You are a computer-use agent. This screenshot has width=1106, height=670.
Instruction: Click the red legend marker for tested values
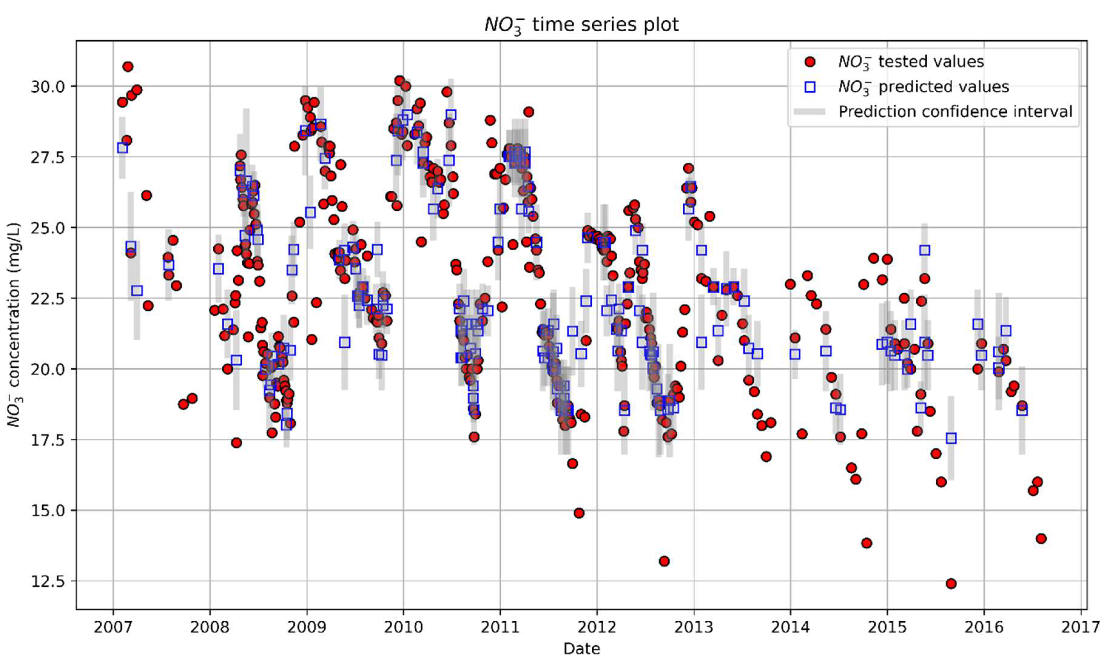(810, 62)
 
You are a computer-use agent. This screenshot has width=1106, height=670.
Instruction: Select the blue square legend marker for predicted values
(810, 86)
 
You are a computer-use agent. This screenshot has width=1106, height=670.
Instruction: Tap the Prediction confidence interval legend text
(955, 111)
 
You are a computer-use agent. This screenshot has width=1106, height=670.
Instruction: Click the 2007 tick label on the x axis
(113, 626)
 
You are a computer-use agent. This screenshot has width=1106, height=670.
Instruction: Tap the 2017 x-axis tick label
(1081, 626)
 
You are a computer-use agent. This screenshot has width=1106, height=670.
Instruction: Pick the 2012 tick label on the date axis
(597, 626)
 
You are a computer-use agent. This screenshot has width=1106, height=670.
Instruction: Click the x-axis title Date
(581, 648)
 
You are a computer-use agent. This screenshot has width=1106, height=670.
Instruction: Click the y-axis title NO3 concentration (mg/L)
(15, 324)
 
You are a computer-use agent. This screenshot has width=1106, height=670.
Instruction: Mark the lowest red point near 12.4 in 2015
(951, 584)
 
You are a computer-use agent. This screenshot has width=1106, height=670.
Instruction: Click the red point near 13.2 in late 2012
(664, 561)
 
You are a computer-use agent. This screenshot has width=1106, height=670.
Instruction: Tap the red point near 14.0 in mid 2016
(1041, 538)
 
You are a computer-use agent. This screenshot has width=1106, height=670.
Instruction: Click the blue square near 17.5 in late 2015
(951, 438)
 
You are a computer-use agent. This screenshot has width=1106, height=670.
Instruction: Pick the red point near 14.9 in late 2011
(579, 513)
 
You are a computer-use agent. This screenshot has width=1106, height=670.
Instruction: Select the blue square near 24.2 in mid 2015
(924, 250)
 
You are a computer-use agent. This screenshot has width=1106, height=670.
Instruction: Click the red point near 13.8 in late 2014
(866, 543)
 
